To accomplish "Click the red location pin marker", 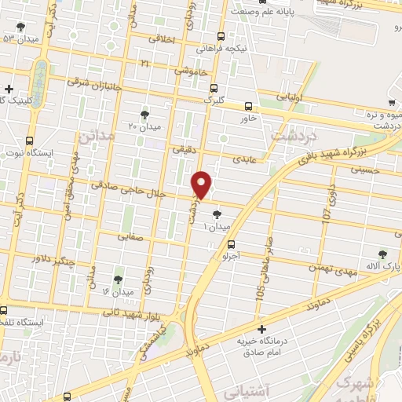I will [x=202, y=184].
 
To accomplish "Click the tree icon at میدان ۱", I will [x=217, y=214].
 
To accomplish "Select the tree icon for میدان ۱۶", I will [x=118, y=279].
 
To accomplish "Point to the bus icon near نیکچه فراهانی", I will [x=221, y=36].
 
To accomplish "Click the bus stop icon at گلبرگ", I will [x=214, y=88].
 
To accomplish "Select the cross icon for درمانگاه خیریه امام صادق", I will [x=262, y=329].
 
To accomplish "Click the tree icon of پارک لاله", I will [x=382, y=254].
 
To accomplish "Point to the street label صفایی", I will [x=130, y=234].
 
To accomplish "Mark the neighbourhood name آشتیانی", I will [x=246, y=389].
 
